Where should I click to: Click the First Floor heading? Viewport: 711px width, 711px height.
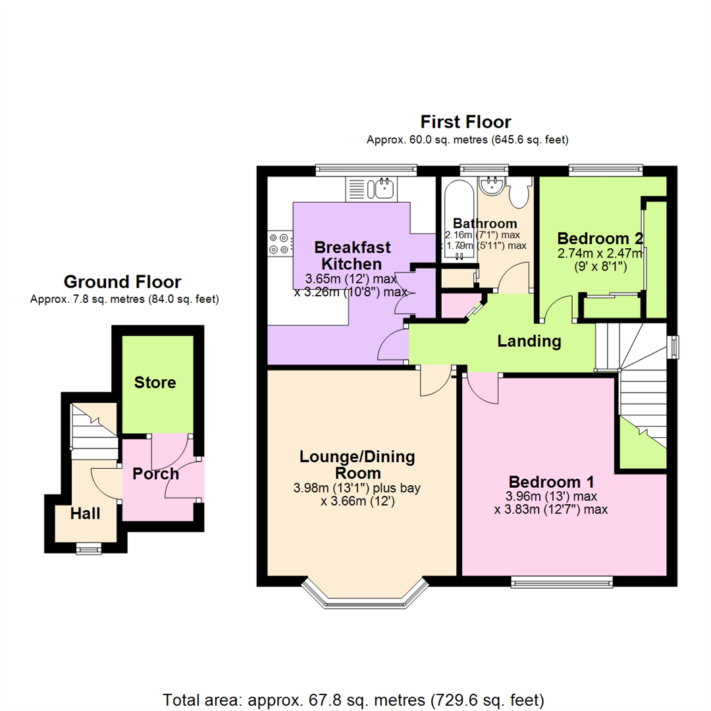tap(466, 122)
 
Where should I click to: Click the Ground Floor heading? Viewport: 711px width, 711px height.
tap(122, 282)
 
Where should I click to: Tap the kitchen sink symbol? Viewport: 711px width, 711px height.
tap(381, 189)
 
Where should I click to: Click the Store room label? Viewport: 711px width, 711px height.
tap(155, 382)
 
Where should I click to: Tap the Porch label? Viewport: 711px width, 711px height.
tap(155, 474)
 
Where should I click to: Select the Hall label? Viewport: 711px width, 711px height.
tap(86, 513)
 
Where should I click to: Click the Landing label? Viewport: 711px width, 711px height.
tap(529, 341)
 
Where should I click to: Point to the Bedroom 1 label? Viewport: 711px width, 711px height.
tap(552, 480)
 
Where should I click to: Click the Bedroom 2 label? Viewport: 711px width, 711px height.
tap(600, 238)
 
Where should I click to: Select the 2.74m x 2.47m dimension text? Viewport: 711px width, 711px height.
tap(600, 254)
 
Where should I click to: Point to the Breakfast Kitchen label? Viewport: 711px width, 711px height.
tap(352, 255)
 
